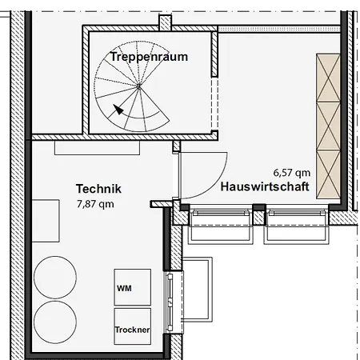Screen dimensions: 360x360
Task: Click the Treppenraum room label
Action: pos(149,57)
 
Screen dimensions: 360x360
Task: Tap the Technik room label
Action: pos(98,189)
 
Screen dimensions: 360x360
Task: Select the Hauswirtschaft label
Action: pos(265,186)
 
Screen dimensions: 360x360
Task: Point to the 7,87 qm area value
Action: pos(95,204)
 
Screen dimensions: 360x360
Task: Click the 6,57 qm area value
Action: pos(292,173)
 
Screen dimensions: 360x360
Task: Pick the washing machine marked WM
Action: pos(133,287)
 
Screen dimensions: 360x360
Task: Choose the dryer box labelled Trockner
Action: pos(133,326)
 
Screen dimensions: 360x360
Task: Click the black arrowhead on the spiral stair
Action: pos(118,110)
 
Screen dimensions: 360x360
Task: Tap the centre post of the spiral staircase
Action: pos(138,86)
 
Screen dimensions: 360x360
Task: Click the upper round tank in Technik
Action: pos(55,278)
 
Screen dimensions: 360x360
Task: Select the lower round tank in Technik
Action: pos(55,322)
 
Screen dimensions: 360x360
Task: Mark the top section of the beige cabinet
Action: pos(328,78)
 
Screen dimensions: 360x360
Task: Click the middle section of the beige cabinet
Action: pos(328,126)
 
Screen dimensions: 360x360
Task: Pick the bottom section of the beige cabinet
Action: pos(328,174)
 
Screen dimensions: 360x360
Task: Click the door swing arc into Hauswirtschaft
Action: pos(214,186)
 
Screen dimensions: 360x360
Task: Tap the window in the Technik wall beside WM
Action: pos(170,302)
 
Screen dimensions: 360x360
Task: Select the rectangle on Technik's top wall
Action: pos(97,148)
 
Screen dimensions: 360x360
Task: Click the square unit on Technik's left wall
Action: pos(46,221)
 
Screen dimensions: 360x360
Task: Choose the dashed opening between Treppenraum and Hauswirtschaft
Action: pos(214,104)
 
